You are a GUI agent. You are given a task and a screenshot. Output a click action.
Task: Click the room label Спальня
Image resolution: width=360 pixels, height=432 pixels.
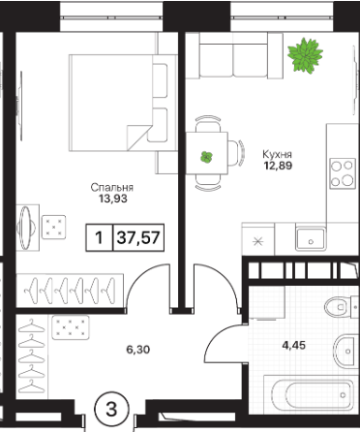(112, 188)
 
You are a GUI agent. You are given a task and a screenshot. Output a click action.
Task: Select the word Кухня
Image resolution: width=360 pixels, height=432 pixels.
(277, 154)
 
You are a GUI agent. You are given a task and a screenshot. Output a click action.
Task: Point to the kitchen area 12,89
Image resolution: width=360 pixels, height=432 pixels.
(278, 166)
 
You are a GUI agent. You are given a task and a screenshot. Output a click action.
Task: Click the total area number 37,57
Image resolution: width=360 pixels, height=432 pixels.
(138, 238)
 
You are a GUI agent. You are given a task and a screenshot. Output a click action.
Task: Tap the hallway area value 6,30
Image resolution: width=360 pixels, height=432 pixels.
(138, 350)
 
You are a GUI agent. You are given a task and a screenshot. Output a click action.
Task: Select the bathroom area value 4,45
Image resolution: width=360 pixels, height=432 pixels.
(293, 346)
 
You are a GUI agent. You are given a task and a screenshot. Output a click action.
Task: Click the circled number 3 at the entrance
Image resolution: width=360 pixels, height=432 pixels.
(111, 410)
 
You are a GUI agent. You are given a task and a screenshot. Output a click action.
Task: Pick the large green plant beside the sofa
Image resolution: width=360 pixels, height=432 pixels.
(305, 55)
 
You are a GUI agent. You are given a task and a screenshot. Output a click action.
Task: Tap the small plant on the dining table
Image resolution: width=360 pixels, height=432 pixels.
(206, 157)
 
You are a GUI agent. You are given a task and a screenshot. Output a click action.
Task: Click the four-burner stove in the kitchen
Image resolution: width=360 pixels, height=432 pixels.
(343, 173)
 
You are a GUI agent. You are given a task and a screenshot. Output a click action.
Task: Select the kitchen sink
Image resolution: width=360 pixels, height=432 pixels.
(311, 239)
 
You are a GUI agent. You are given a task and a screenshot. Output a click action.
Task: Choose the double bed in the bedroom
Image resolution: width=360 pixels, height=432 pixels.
(123, 103)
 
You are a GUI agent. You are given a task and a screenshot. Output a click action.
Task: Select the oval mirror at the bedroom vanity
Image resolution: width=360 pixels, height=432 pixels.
(25, 228)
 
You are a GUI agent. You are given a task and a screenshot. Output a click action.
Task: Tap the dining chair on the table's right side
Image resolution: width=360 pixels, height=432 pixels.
(236, 153)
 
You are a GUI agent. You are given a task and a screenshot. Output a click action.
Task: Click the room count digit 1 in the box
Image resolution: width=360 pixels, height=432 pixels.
(100, 238)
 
